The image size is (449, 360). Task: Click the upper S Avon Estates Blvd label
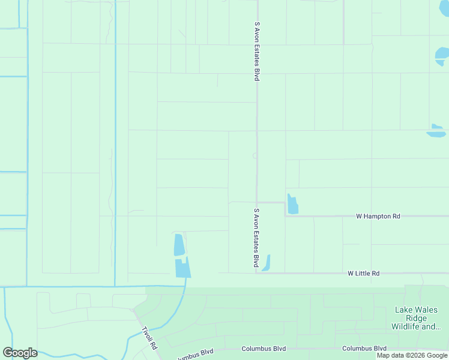[x=257, y=52]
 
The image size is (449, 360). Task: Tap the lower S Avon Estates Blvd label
[x=256, y=238]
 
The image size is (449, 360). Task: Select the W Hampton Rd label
[x=378, y=216]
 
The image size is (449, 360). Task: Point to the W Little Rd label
[x=364, y=274]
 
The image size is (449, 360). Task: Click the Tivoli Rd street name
[x=149, y=338]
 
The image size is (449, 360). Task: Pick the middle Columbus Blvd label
[x=264, y=349]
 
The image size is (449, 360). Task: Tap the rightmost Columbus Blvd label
[x=364, y=349]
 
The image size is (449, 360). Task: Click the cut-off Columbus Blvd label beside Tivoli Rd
[x=196, y=353]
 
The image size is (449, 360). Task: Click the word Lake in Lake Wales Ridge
[x=403, y=310]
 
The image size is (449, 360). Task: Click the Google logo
[x=20, y=353]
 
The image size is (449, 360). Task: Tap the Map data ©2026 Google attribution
[x=412, y=355]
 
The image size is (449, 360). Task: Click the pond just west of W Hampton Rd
[x=292, y=205]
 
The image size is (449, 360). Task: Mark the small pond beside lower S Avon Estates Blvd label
[x=267, y=263]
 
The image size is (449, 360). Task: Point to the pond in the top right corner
[x=442, y=56]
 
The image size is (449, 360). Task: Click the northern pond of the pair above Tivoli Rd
[x=179, y=245]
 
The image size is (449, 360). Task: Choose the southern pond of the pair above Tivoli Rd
[x=182, y=268]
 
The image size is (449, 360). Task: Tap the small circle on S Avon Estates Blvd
[x=255, y=155]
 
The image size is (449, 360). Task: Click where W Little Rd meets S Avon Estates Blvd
[x=257, y=273]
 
